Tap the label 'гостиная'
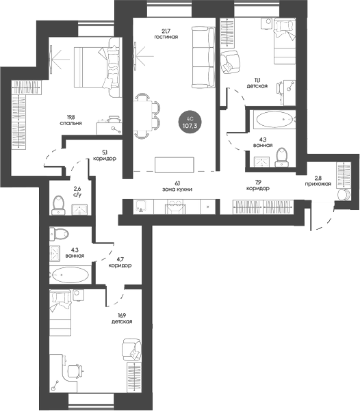pos(166,37)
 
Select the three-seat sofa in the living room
pos(204,57)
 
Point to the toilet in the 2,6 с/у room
pos(58,205)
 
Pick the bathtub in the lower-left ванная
pos(70,275)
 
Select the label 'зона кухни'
pos(177,189)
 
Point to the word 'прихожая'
pos(318,184)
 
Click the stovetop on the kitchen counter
pos(175,207)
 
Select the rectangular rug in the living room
pos(175,165)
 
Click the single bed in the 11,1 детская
pos(285,41)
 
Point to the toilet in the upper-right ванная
pos(282,157)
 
